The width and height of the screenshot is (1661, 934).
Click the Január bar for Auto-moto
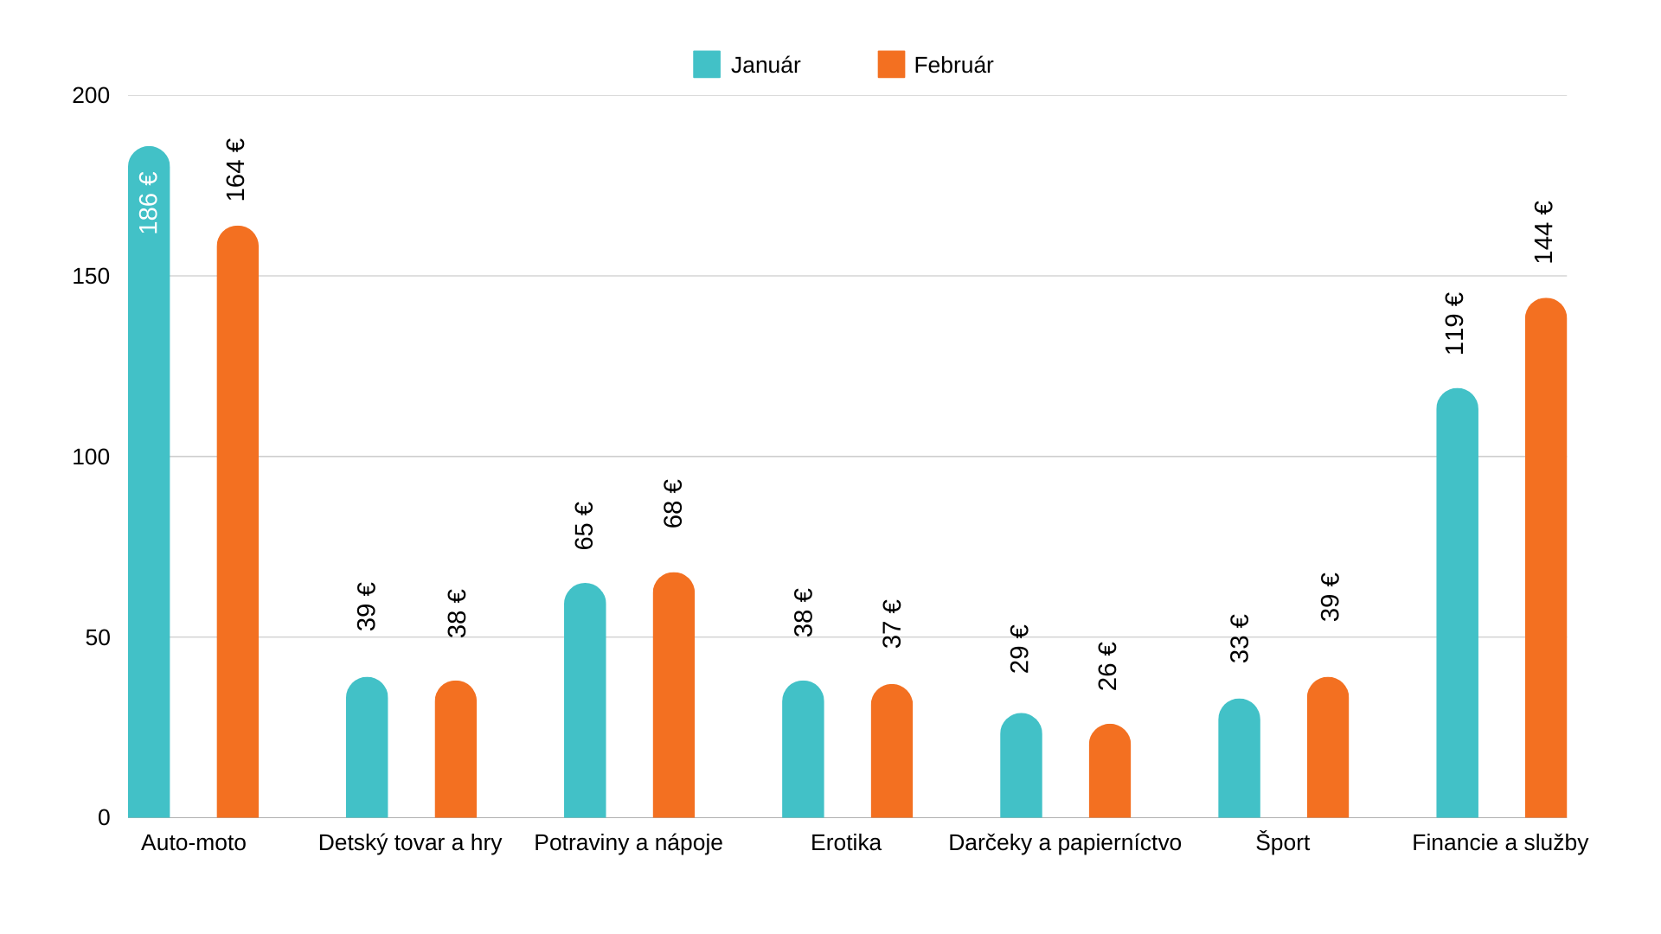[149, 484]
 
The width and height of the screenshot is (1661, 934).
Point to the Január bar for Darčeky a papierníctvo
[1021, 766]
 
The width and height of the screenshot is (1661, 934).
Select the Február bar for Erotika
[891, 752]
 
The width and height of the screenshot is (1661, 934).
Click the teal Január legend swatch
[706, 65]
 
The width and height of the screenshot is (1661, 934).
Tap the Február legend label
[952, 66]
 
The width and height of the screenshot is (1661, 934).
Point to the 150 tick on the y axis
[91, 277]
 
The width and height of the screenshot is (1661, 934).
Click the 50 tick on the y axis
[98, 638]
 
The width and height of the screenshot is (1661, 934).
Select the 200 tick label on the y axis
[91, 96]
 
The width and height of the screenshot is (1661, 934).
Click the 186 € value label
[149, 202]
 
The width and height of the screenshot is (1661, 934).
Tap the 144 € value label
[1543, 233]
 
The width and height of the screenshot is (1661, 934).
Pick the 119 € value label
[1454, 323]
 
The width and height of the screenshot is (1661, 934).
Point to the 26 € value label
[1107, 666]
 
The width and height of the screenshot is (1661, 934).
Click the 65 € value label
[584, 526]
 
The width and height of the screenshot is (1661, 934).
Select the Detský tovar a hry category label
[410, 843]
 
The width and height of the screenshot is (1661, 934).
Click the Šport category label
[1282, 843]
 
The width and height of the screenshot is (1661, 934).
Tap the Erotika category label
[845, 843]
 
